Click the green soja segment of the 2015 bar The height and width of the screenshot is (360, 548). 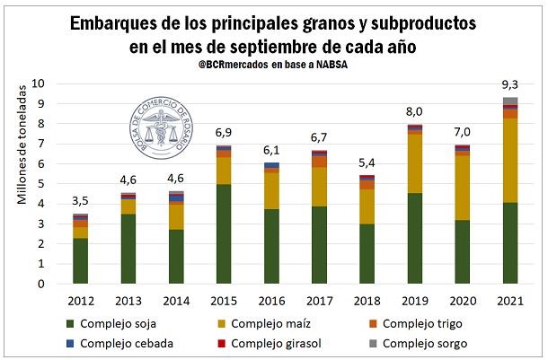point(223,233)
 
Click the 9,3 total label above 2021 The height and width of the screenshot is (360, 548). point(510,85)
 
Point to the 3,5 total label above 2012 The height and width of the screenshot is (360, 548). point(81,202)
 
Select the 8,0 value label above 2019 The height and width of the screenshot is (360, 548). point(414,112)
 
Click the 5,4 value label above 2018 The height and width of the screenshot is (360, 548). point(367,164)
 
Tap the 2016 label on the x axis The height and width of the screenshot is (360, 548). point(271,301)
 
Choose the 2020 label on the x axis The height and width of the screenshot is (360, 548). point(462,301)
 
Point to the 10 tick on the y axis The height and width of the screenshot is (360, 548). point(38,83)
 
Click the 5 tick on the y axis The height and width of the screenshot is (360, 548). point(41,183)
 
